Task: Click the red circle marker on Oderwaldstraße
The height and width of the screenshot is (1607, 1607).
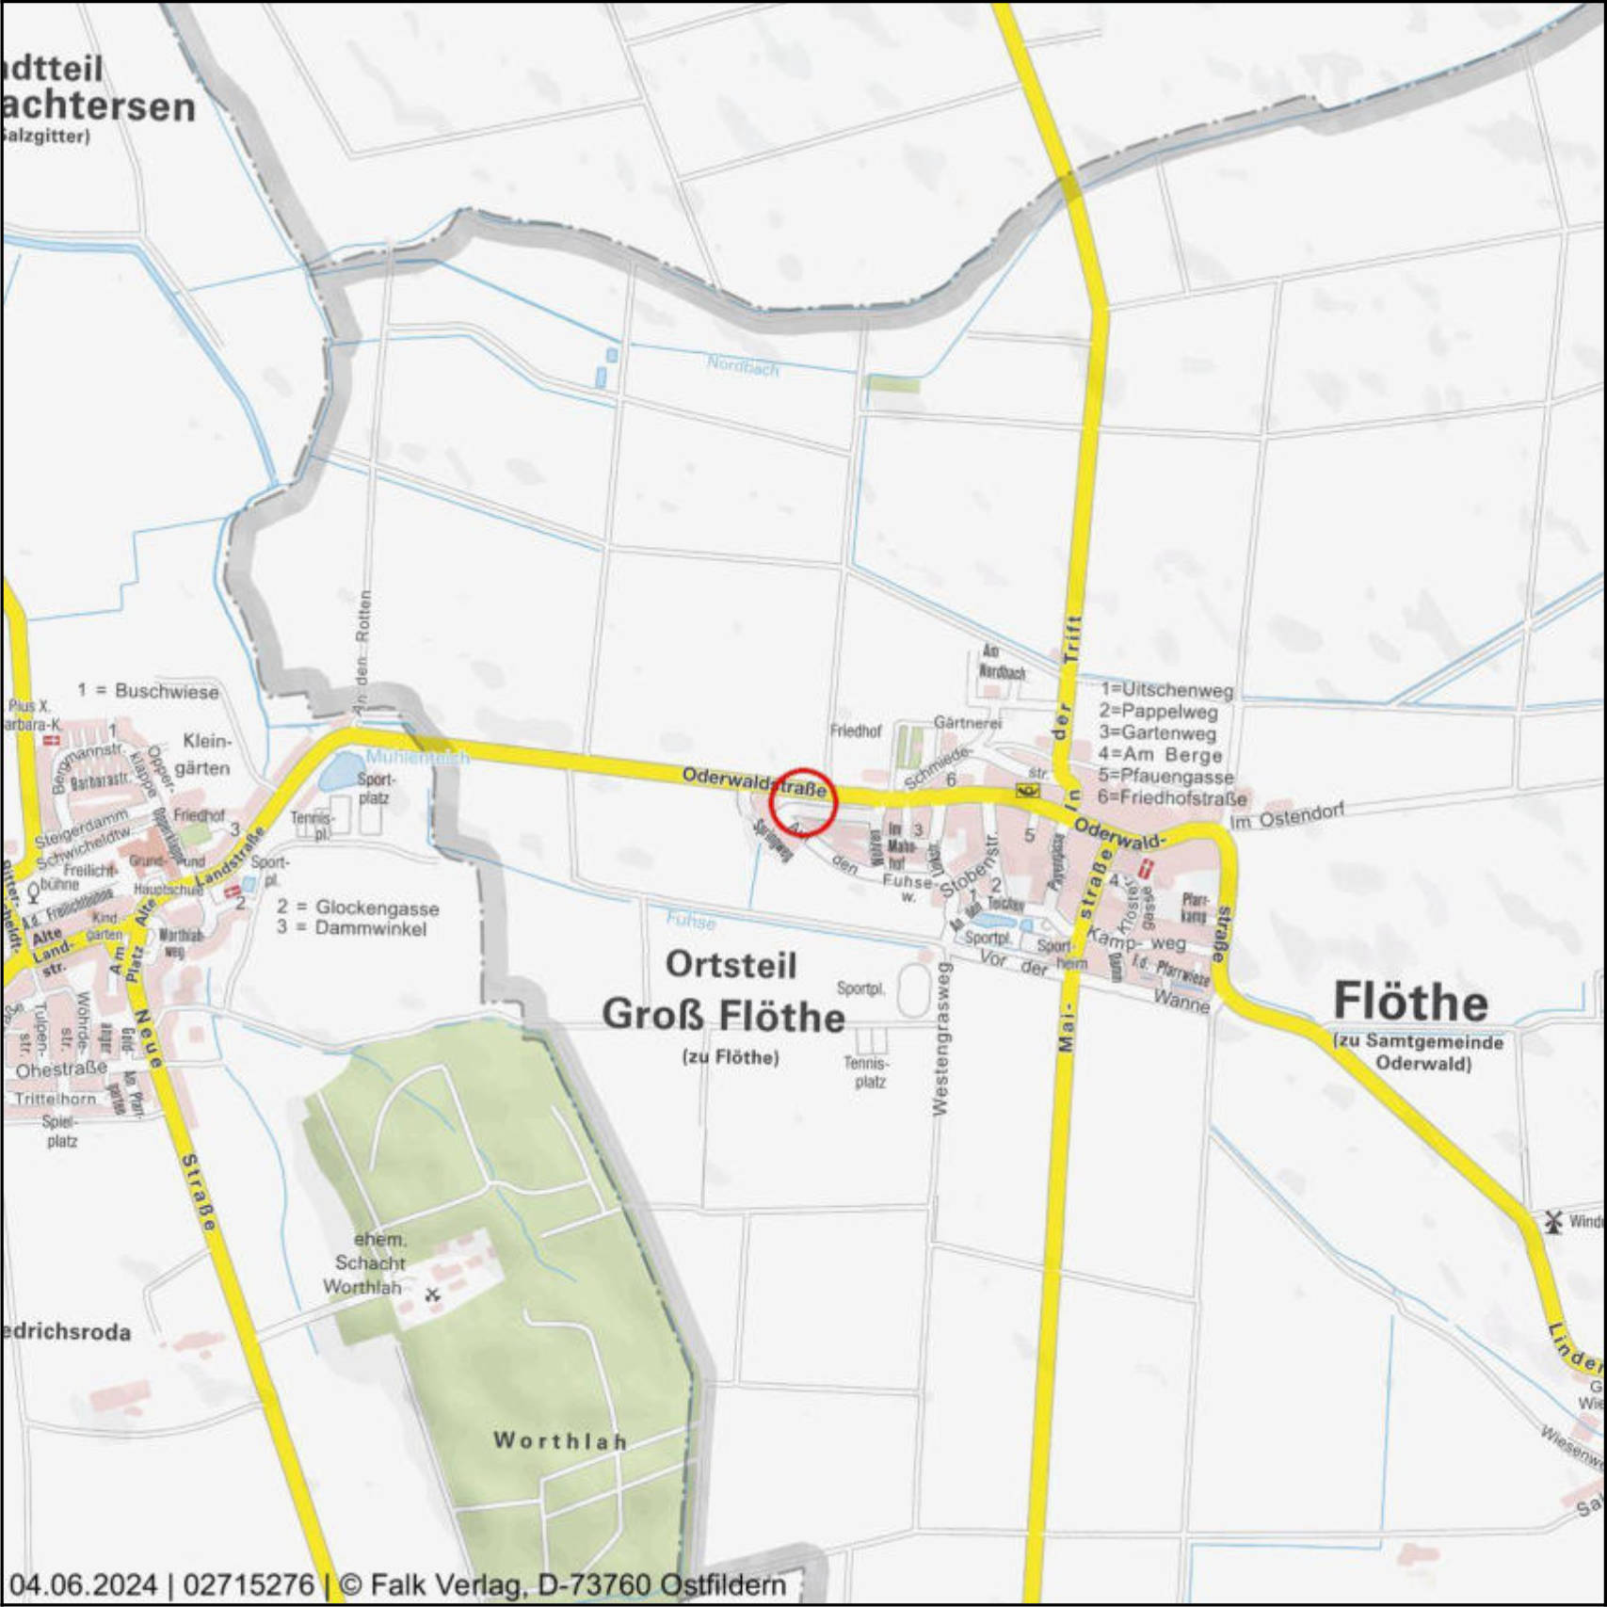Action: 803,802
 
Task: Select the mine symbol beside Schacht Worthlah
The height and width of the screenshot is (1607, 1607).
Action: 432,1294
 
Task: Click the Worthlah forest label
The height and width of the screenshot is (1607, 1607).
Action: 560,1440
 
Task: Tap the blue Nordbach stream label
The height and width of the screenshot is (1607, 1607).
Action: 743,367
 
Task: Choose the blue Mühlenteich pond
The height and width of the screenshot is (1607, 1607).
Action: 337,772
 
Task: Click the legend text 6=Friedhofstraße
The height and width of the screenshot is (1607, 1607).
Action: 1172,798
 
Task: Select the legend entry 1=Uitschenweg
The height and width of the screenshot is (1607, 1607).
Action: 1166,690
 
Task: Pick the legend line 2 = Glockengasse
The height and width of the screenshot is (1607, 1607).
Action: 358,908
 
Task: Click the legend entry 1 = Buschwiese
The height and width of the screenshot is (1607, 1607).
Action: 148,691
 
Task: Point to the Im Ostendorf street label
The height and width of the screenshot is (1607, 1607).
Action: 1287,815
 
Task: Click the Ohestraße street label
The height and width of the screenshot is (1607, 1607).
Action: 61,1070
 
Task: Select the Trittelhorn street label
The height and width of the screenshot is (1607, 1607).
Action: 55,1099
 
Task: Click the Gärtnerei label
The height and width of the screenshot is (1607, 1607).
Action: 967,722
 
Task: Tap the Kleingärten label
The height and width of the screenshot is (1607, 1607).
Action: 204,753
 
